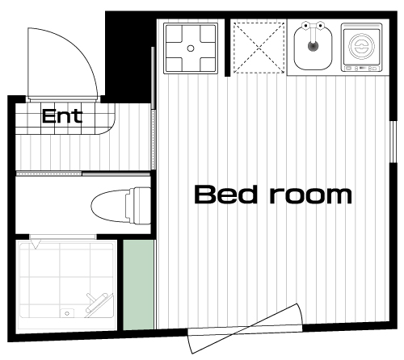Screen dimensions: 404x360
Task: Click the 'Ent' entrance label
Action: (x=62, y=116)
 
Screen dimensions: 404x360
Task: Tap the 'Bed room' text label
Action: (x=273, y=195)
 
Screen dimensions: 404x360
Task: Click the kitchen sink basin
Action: (x=313, y=48)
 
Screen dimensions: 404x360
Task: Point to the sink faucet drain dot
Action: (x=313, y=46)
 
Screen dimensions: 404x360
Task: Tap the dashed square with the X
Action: (x=259, y=48)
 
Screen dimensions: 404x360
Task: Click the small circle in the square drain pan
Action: (x=191, y=48)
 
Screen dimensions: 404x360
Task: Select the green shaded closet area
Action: (x=139, y=285)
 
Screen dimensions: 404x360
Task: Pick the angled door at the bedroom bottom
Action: (x=246, y=329)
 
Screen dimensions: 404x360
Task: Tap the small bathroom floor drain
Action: (x=67, y=313)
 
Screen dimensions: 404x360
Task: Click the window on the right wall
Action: (x=393, y=142)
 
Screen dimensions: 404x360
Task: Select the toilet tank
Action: (x=140, y=206)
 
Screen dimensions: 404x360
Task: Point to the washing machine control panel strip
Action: (x=361, y=69)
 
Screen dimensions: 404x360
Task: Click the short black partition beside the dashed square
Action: (x=228, y=48)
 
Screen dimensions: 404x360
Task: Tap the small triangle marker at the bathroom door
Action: (x=36, y=245)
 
